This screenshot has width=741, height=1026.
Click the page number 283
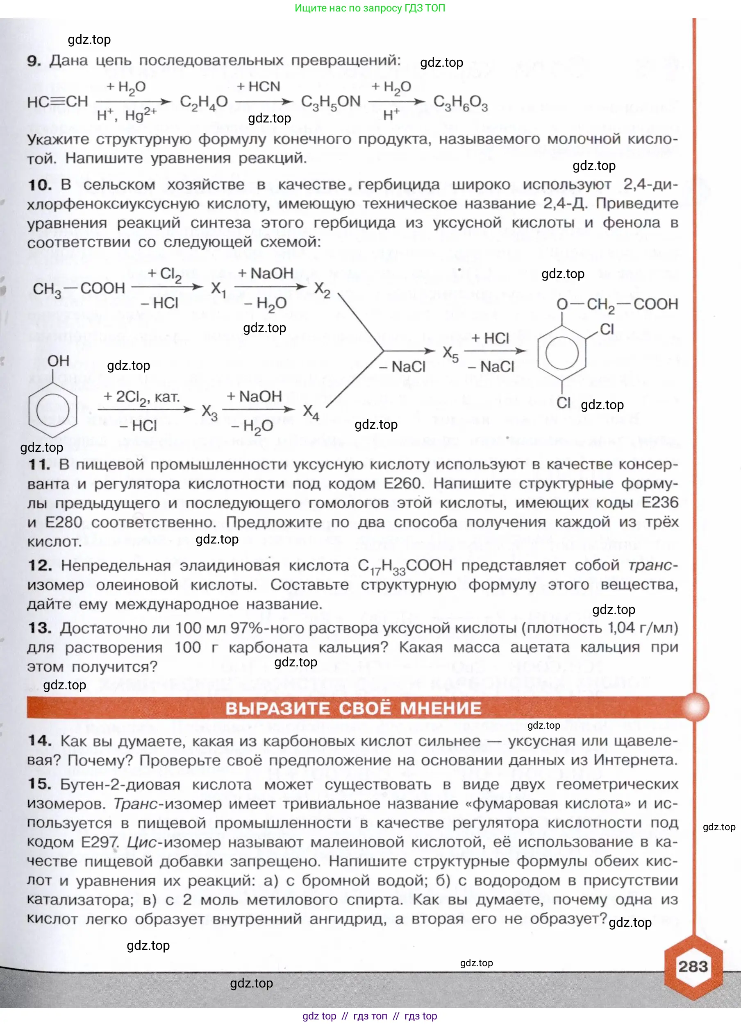(x=692, y=967)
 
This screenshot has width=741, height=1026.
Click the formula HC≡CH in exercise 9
(x=57, y=102)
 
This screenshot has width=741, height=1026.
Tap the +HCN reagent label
(x=259, y=86)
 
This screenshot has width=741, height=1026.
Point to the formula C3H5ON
(x=330, y=102)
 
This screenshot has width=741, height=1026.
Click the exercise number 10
(x=39, y=185)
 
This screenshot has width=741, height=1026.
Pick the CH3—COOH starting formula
(x=79, y=289)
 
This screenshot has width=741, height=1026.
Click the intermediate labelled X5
(x=450, y=353)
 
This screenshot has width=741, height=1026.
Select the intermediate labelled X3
(x=209, y=412)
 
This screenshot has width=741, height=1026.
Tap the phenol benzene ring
(x=52, y=410)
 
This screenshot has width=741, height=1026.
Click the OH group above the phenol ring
(x=58, y=361)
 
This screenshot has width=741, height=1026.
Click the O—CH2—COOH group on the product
(x=617, y=304)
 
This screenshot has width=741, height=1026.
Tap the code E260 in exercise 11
(x=402, y=484)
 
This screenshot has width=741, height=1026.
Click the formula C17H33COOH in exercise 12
(x=405, y=566)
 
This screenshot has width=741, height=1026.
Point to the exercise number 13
(x=39, y=628)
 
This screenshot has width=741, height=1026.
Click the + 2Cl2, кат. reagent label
(x=141, y=397)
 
